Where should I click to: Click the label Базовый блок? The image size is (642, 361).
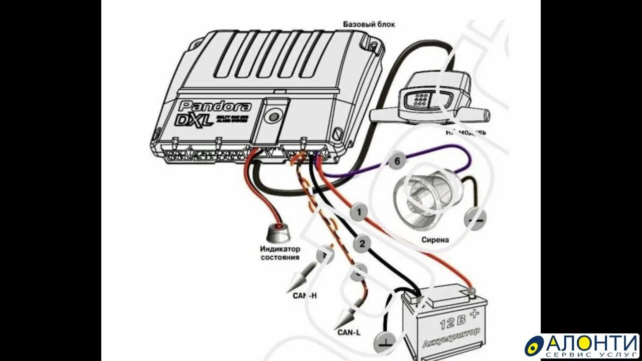[369, 24]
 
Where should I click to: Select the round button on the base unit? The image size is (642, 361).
[273, 117]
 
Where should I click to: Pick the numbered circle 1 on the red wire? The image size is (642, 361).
[359, 212]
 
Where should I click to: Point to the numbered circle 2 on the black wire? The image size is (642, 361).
[362, 244]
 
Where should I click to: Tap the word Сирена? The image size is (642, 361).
[435, 240]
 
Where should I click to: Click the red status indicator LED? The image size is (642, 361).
[277, 233]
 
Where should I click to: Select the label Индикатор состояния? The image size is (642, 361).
[280, 253]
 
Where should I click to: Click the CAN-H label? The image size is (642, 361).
[305, 295]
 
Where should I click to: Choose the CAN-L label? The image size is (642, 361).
[348, 332]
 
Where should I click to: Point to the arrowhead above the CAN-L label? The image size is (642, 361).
[344, 318]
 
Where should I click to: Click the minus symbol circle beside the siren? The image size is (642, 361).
[474, 219]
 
